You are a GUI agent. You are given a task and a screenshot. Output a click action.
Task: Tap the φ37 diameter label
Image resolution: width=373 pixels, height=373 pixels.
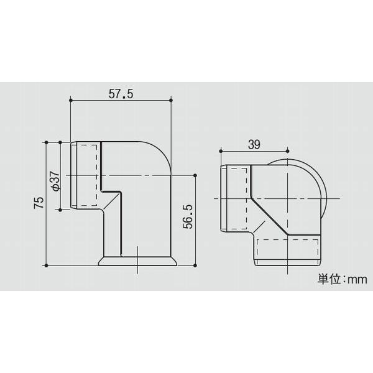point(54,180)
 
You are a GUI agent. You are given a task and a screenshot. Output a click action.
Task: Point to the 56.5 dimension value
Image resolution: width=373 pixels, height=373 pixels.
point(187,216)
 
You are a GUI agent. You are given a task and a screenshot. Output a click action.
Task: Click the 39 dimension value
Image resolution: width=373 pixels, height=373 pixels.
point(254,144)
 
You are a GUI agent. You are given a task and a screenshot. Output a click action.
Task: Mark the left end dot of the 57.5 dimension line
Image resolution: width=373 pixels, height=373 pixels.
point(71,100)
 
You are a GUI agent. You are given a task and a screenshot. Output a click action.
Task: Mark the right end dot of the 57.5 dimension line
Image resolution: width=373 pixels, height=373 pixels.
point(170,100)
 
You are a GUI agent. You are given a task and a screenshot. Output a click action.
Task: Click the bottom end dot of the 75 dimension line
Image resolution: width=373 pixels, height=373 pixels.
point(46,265)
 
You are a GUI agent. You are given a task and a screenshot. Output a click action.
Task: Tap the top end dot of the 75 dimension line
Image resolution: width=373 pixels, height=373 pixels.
point(46,142)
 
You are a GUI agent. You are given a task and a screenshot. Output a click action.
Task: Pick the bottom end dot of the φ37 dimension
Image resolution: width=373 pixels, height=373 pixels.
point(60,210)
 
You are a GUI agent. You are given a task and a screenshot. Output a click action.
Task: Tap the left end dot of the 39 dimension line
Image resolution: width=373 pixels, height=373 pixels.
point(221,150)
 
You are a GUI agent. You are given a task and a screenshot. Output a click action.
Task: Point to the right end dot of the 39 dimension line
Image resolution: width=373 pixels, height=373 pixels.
point(288,150)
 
